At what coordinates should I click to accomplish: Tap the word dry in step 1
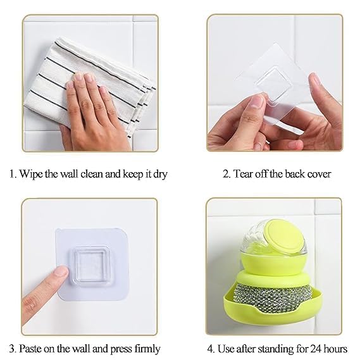pos(160,175)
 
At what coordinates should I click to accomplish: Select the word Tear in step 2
pos(243,174)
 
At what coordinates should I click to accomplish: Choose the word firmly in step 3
pos(147,349)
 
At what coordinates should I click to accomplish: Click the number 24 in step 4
pos(316,349)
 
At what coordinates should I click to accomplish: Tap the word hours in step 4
pos(335,349)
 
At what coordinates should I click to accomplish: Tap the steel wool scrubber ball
pos(273,296)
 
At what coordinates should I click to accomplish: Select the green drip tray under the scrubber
pos(272,307)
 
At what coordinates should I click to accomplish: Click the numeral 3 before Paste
pos(12,349)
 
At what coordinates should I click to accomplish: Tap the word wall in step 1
pos(69,174)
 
